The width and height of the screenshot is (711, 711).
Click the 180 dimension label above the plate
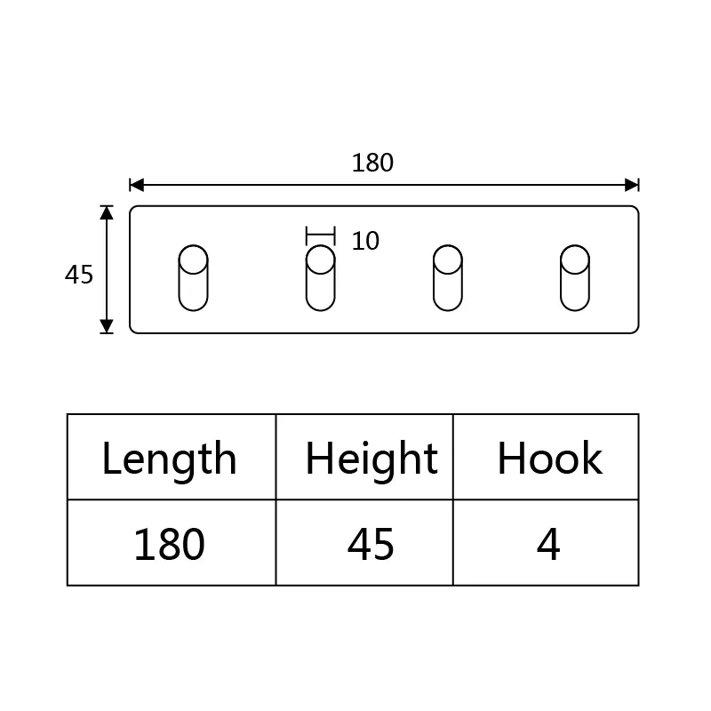pos(372,163)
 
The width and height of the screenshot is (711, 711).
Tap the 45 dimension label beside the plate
pos(79,275)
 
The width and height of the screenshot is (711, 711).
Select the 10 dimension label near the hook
pos(365,241)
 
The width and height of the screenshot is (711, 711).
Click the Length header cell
pos(172,457)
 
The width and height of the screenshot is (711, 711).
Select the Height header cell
pos(364,457)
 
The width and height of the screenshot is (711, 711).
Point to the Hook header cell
pos(546,457)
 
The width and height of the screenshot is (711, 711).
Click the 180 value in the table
pos(169,544)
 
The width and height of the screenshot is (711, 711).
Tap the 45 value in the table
pos(371,544)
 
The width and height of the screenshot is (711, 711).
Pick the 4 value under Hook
pos(548,544)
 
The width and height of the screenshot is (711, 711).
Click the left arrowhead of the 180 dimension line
pos(137,185)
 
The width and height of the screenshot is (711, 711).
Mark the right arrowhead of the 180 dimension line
pos(632,185)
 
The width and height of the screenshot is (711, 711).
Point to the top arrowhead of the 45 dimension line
pos(107,212)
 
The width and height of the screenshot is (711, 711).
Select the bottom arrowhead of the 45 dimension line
pos(107,326)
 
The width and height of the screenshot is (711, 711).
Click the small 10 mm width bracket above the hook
pos(321,236)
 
